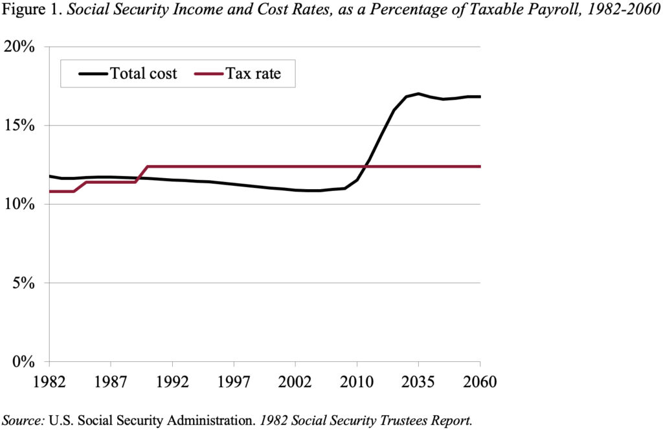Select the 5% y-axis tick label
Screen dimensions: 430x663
pos(27,283)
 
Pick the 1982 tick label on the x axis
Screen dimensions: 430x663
pos(49,381)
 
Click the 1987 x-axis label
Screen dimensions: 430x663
pos(111,381)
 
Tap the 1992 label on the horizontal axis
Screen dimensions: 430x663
pos(172,381)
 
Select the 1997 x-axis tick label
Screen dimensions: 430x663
pos(234,381)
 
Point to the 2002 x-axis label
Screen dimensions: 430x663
pos(295,381)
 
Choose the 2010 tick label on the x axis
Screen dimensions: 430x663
pos(357,381)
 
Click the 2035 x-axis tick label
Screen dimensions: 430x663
pos(418,381)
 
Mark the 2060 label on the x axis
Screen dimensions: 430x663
pos(480,381)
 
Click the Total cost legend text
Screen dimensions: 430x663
pos(143,73)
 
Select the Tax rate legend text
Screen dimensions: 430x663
pos(253,73)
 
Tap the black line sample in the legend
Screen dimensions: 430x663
pos(93,73)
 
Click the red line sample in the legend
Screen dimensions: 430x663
pos(208,73)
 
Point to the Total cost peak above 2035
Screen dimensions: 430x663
pos(418,94)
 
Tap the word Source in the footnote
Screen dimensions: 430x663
pos(23,420)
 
